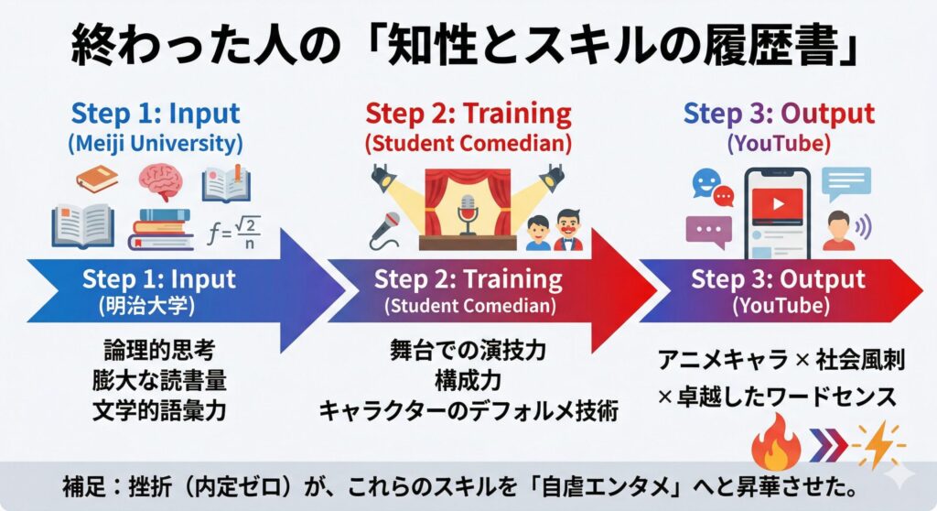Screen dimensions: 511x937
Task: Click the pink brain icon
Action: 161,181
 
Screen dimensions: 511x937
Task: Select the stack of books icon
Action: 160,229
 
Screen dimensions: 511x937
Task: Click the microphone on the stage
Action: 468,215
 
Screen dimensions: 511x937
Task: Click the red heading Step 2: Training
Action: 468,114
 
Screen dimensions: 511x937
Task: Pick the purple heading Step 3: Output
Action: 779,114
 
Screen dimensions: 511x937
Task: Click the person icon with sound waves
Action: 840,230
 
